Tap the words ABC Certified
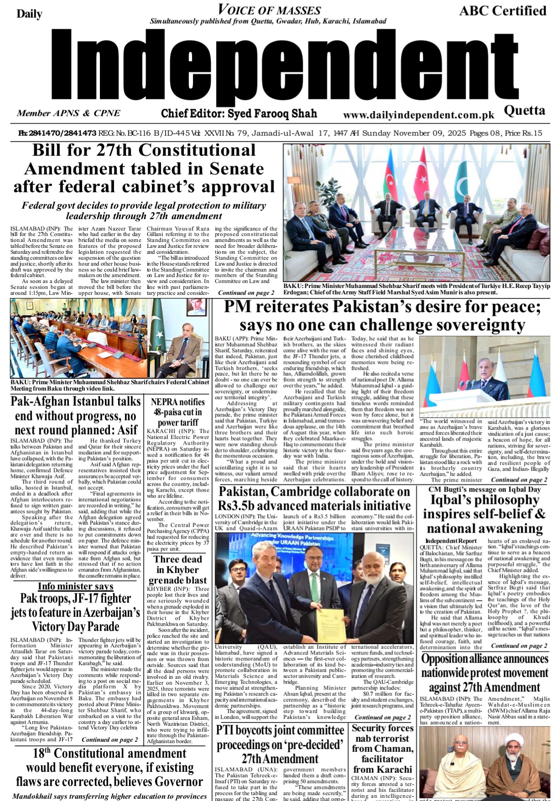(x=503, y=11)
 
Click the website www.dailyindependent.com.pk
(x=419, y=116)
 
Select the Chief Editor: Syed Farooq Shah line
(x=239, y=113)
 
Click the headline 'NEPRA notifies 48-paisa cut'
(x=177, y=412)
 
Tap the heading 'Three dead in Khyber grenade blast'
(x=177, y=570)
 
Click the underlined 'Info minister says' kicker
(x=75, y=586)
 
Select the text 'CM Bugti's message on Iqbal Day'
(x=484, y=489)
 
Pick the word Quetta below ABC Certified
(x=524, y=111)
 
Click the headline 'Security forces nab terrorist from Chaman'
(x=382, y=749)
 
